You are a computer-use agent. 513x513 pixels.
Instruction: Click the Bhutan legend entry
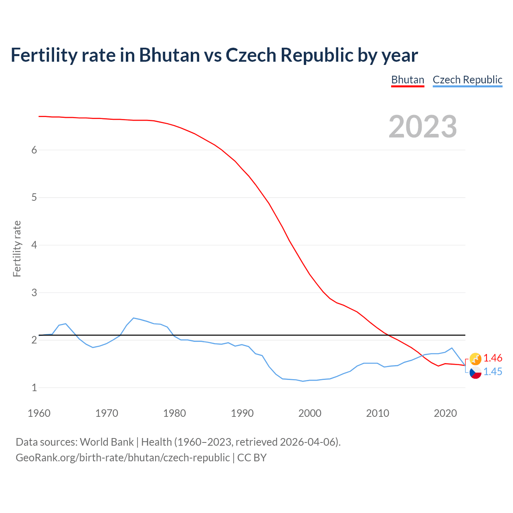coord(408,80)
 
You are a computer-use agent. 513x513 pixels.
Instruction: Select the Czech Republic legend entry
coord(467,80)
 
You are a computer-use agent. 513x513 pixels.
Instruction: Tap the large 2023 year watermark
coord(423,127)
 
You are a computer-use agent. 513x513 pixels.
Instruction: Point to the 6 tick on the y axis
coord(34,150)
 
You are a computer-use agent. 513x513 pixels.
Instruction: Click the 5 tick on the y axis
coord(34,198)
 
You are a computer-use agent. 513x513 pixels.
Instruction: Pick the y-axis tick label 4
coord(34,245)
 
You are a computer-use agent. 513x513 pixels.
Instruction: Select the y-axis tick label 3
coord(34,293)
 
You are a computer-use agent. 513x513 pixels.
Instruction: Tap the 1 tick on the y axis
coord(34,388)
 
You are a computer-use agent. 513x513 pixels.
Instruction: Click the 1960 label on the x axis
coord(39,413)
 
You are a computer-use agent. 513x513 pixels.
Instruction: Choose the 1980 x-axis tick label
coord(174,413)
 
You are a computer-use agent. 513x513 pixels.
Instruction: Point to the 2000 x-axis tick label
coord(310,413)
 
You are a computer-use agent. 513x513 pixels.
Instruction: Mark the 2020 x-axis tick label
coord(445,413)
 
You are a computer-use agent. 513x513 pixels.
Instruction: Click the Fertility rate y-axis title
coord(17,248)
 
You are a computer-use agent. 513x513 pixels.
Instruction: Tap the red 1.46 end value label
coord(493,358)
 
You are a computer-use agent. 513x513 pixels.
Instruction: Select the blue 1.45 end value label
coord(493,372)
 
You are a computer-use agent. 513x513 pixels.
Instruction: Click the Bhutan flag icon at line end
coord(475,359)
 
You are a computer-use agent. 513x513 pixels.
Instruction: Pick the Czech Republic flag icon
coord(475,372)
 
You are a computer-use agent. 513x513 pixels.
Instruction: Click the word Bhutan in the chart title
coord(169,55)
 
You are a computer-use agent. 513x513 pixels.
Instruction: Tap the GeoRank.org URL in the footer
coord(123,458)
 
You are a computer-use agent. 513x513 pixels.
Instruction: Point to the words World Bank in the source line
coord(107,442)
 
